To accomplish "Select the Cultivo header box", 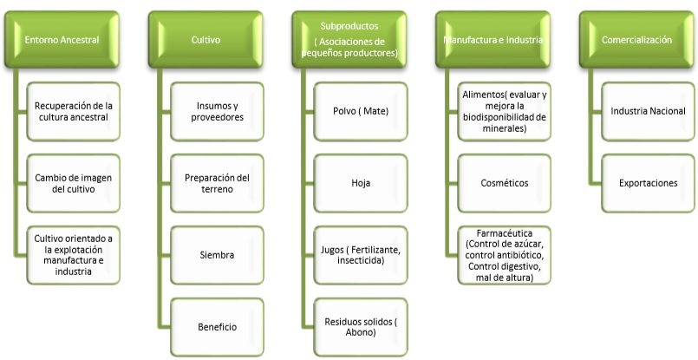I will pos(205,40).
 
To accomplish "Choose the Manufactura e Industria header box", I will pos(493,40).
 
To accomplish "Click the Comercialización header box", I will pos(636,40).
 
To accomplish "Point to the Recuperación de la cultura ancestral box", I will pos(74,111).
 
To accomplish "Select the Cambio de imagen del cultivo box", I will pos(74,183).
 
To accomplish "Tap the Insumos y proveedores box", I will pos(218,111).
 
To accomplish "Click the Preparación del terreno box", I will pos(218,183).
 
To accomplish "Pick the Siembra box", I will pos(218,255).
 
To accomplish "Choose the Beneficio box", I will pos(218,326).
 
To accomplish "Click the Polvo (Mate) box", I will pos(361,111).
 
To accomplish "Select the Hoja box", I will pos(361,183).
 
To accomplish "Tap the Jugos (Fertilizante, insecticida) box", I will pos(361,255).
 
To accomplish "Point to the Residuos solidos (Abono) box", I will pos(361,326).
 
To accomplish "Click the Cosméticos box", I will pos(505,183).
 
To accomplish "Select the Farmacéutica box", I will pos(505,254).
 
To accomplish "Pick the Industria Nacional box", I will pos(649,111).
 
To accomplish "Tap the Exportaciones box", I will pos(649,183).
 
